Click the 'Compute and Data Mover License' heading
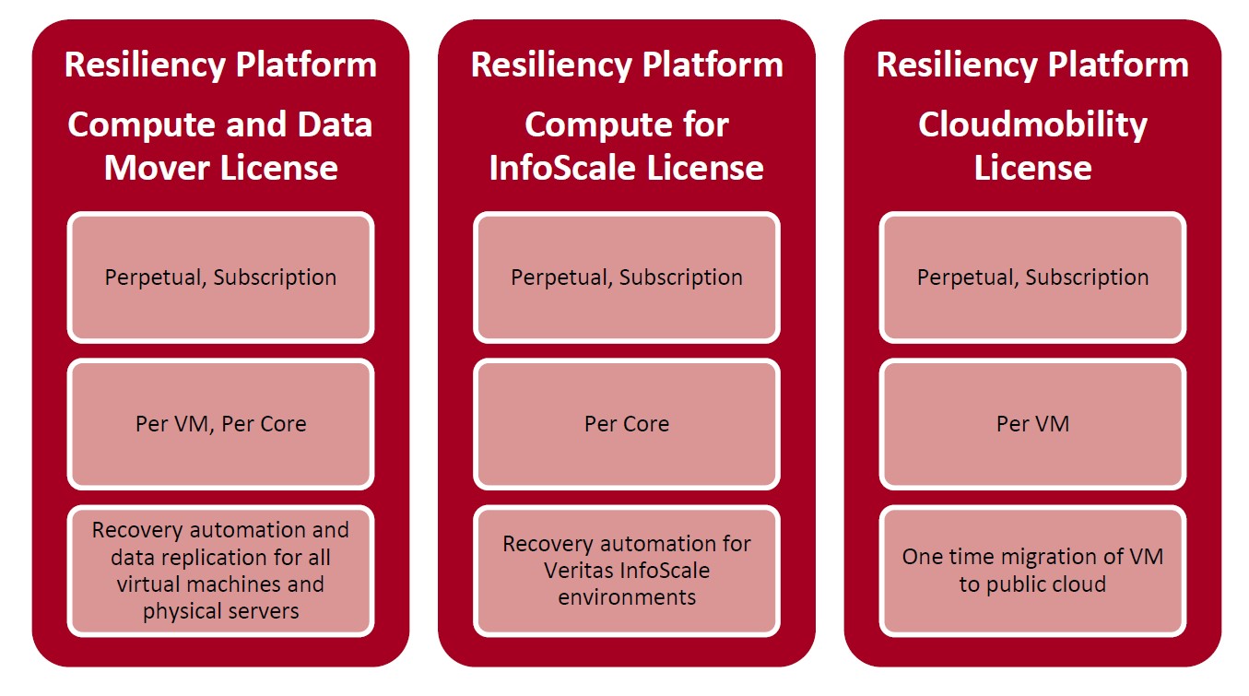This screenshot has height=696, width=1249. pos(220,146)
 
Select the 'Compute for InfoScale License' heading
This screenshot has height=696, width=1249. pos(626,146)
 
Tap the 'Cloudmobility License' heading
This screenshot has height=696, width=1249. pos(1032,146)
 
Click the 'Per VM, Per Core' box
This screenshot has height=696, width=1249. pos(221,424)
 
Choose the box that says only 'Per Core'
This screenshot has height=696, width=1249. pos(627,424)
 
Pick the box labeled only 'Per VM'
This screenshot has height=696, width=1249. pos(1032,424)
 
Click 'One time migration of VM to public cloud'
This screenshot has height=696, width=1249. pos(1032,571)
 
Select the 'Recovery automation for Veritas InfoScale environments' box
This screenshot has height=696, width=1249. pos(627,571)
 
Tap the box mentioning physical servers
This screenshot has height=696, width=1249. pos(221,571)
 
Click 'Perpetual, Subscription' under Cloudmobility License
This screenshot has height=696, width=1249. pos(1032,277)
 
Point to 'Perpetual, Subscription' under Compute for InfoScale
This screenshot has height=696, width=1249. pos(627,277)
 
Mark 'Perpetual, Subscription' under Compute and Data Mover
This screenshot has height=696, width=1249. pos(221,277)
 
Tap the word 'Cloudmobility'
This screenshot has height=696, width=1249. pos(1032,125)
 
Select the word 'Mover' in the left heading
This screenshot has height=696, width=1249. pos(157,168)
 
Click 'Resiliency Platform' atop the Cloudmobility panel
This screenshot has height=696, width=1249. pos(1032,65)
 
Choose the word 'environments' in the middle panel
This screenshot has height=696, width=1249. pos(627,598)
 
